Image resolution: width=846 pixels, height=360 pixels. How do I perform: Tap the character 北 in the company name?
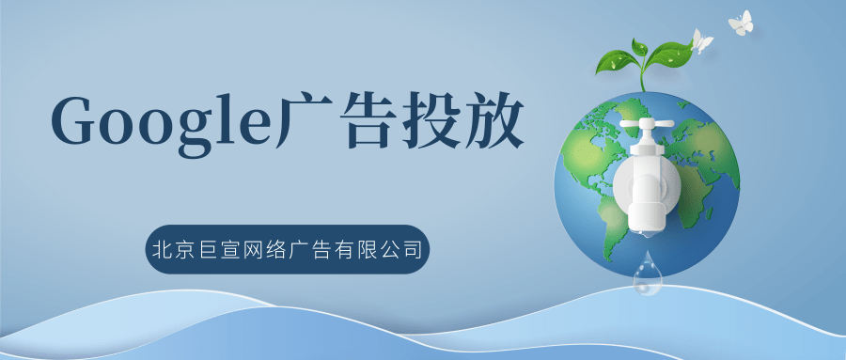tap(162, 250)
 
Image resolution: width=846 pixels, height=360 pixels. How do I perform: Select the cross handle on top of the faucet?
tap(646, 124)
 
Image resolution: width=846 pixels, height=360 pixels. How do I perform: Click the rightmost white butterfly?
tap(742, 23)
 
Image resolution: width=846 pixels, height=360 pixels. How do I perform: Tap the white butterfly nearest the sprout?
tap(701, 40)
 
